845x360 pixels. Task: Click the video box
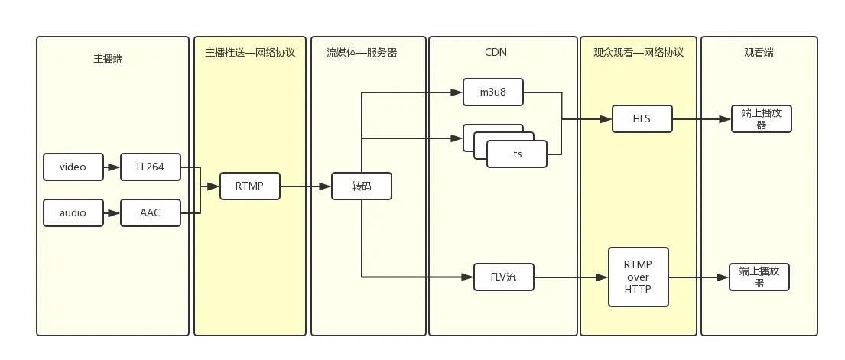[73, 167]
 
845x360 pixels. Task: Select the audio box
[73, 212]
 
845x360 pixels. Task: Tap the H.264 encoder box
[151, 167]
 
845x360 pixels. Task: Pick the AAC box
[151, 212]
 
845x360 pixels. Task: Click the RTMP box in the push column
[249, 186]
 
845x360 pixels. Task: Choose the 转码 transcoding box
[362, 186]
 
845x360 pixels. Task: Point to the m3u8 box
[493, 92]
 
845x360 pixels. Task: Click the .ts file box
[517, 154]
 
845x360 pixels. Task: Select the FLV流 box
[503, 277]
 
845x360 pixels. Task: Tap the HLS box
[642, 119]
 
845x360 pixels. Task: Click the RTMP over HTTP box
[638, 277]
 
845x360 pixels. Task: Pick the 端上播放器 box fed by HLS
[761, 119]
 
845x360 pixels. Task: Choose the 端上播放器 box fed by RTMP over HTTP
[759, 277]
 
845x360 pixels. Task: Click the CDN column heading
[496, 53]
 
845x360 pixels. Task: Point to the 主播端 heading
[108, 58]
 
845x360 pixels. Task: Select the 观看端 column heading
[759, 53]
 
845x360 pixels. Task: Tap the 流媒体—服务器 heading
[362, 53]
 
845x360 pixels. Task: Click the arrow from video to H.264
[112, 167]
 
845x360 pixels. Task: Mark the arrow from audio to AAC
[112, 212]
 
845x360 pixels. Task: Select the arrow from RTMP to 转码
[305, 186]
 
